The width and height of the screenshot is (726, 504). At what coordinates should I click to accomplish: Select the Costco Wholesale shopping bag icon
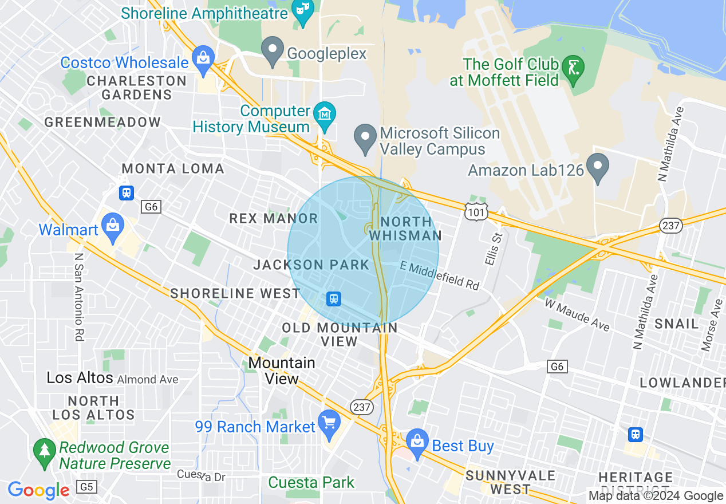click(x=203, y=59)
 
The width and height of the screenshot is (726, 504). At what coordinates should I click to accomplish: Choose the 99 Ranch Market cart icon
click(x=329, y=423)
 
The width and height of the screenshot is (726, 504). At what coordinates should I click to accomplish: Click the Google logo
click(x=38, y=490)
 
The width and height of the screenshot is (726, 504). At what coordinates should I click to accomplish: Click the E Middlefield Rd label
click(x=440, y=275)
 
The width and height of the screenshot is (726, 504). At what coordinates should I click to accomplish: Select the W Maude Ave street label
click(x=577, y=314)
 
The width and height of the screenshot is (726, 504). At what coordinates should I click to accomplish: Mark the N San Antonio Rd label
click(x=78, y=297)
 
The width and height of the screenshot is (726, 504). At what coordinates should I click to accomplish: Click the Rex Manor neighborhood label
click(x=273, y=218)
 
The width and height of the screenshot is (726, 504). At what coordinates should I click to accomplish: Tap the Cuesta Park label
click(x=311, y=482)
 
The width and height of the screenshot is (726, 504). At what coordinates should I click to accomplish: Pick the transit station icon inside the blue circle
click(x=333, y=298)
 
